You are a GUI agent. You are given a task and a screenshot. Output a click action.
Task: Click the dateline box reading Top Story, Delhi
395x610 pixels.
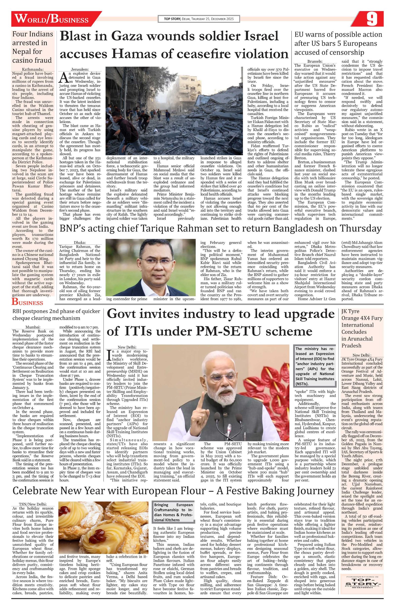[x=198, y=19]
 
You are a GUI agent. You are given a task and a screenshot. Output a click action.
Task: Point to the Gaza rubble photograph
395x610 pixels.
[x=174, y=111]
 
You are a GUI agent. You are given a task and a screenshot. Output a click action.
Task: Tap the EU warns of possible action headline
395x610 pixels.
[x=338, y=43]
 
